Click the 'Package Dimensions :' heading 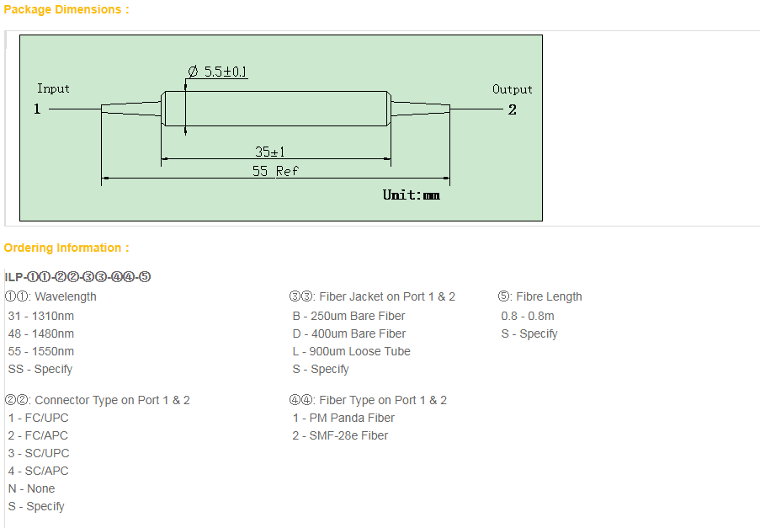[66, 10]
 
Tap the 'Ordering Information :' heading [66, 248]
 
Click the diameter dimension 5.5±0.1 [218, 72]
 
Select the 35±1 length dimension [270, 152]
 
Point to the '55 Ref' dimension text [275, 171]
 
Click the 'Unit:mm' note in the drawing [411, 195]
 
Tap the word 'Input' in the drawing [53, 88]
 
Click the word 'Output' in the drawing [513, 89]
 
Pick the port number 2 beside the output [513, 110]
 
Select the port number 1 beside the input [37, 109]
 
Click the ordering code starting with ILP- [77, 277]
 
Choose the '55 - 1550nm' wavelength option [41, 351]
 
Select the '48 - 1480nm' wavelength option [41, 333]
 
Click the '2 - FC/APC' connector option [38, 435]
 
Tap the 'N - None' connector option [31, 488]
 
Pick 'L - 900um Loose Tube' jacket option [352, 351]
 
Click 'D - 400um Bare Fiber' [349, 333]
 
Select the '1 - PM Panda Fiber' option [343, 418]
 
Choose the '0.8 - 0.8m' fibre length [528, 316]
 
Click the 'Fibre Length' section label [549, 296]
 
